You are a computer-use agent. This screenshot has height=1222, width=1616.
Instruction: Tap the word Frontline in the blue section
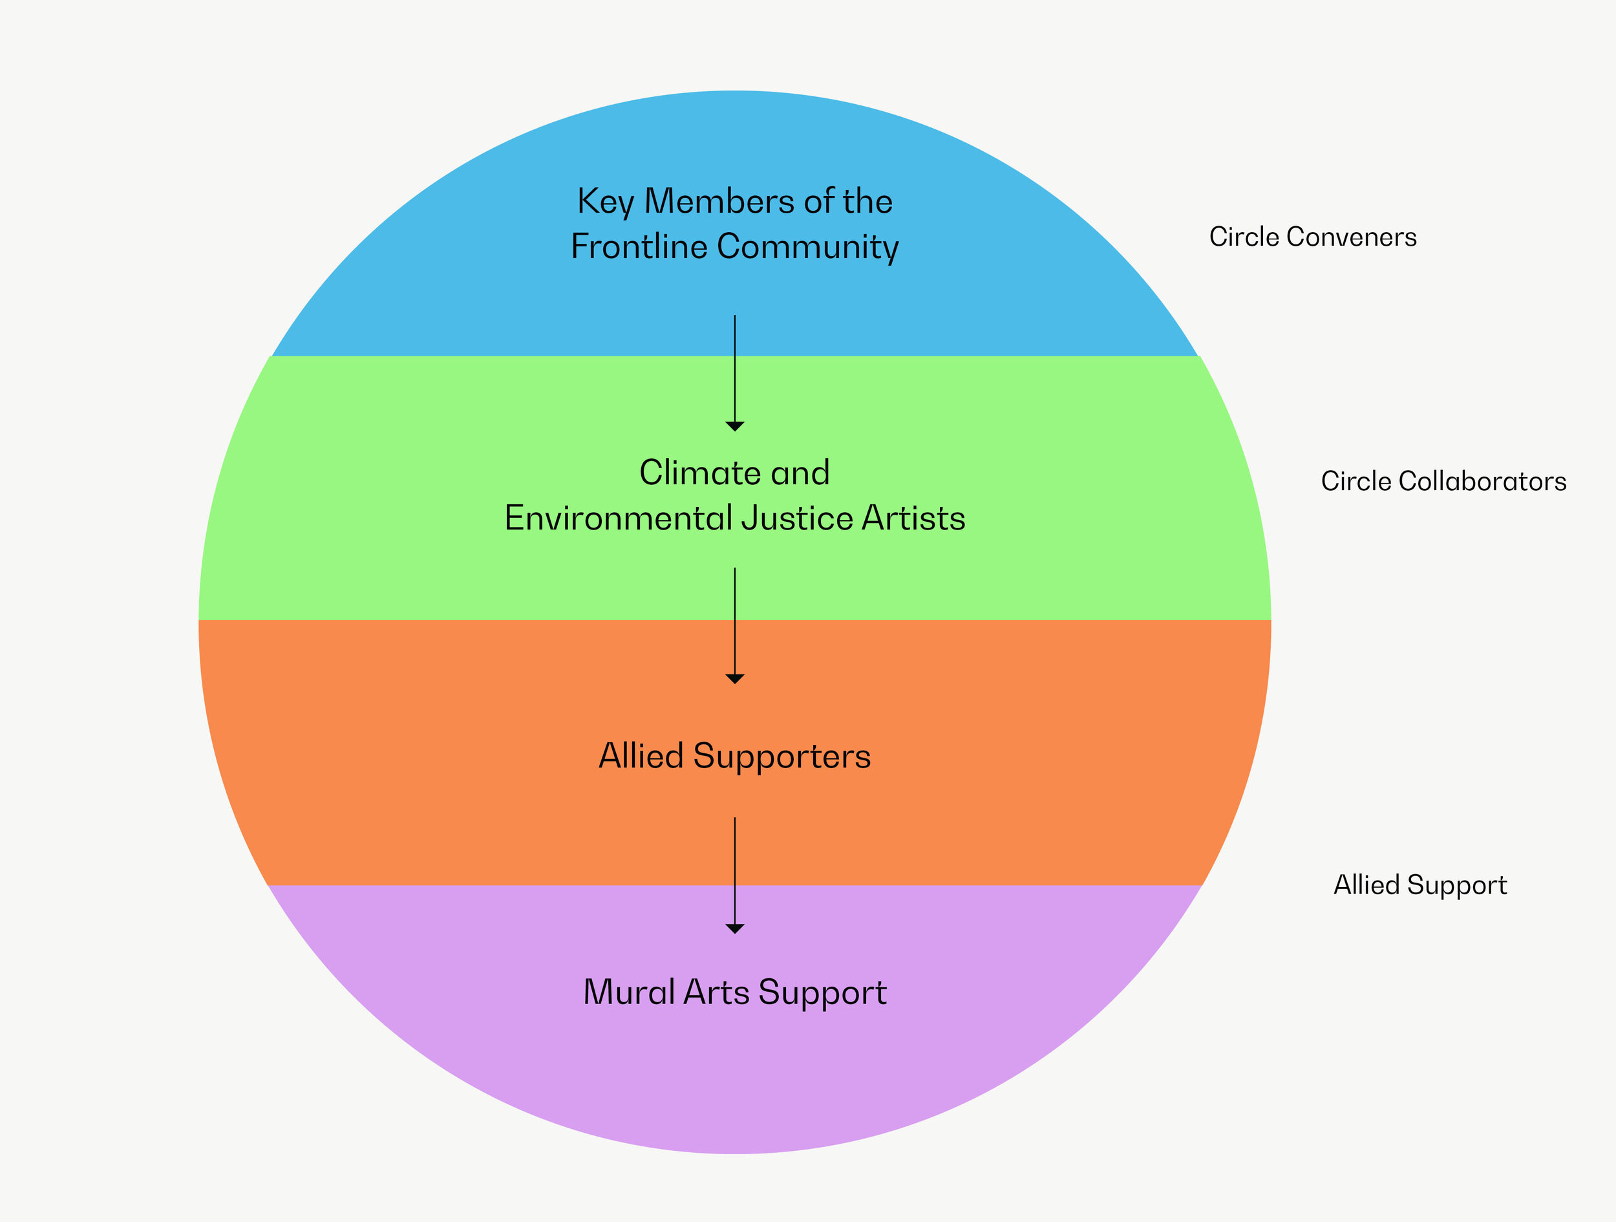[x=639, y=246]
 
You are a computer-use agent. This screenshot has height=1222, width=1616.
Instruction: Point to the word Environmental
[x=618, y=518]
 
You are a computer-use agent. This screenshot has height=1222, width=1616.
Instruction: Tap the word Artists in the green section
[x=913, y=518]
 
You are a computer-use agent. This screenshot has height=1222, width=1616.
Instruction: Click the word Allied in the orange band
[x=641, y=756]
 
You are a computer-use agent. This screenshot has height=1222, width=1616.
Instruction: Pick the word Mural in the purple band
[x=628, y=992]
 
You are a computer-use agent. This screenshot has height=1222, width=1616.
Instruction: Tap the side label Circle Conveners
[x=1313, y=237]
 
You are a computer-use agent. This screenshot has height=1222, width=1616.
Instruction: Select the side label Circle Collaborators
[x=1443, y=481]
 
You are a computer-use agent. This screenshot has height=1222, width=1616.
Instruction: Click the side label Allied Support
[x=1420, y=885]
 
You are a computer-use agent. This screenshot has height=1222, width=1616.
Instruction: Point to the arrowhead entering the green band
[x=735, y=426]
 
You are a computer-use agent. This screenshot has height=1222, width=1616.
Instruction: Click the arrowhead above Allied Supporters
[x=735, y=678]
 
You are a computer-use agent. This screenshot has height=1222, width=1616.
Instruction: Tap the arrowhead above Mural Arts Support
[x=735, y=928]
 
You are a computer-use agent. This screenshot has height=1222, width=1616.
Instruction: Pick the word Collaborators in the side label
[x=1482, y=481]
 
